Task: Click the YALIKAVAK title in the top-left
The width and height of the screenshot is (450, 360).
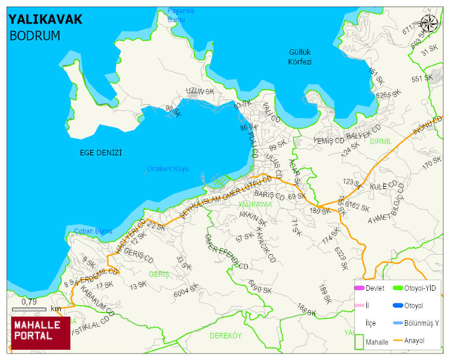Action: (45, 19)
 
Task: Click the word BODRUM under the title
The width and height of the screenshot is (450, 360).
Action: (35, 36)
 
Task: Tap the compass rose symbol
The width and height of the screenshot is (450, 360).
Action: (429, 23)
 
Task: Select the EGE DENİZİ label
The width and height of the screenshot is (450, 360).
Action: (101, 153)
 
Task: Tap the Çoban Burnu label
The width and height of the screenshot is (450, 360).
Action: (93, 231)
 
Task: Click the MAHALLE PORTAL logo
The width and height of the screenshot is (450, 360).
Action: (40, 333)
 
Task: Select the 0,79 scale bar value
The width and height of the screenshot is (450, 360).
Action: (29, 301)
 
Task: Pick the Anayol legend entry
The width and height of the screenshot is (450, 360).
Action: (414, 341)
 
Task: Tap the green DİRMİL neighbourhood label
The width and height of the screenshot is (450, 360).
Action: (380, 141)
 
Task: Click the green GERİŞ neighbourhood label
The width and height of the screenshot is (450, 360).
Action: (159, 275)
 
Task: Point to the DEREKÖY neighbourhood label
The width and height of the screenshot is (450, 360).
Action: (226, 336)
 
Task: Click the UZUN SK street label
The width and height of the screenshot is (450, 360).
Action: (200, 92)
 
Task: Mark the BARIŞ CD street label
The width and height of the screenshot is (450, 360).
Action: (269, 196)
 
